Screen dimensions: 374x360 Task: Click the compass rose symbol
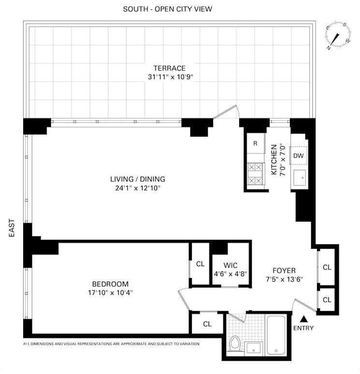coord(338,36)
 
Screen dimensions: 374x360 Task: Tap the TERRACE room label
coord(169,68)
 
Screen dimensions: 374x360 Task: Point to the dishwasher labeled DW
coord(299,156)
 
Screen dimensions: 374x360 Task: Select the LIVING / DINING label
coord(134,179)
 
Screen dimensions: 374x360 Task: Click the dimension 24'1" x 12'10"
coord(134,188)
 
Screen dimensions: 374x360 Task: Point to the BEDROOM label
coord(110,284)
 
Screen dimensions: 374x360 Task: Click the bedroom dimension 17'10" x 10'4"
coord(110,292)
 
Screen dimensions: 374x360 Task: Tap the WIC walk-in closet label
coord(230,265)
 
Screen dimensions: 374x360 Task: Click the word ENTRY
coord(303,328)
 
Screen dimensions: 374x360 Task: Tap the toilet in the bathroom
coord(235,344)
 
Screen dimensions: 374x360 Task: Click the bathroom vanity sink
coord(254,347)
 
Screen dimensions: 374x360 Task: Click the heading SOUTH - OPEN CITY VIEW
coord(168,9)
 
